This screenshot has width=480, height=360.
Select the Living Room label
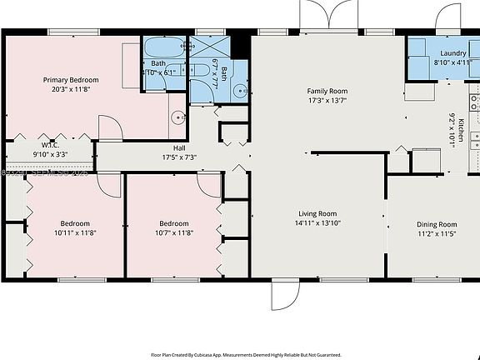coord(317,212)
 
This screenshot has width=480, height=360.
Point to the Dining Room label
coord(437,224)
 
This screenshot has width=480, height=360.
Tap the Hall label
coord(167,147)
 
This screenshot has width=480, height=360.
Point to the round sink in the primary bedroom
coord(177,117)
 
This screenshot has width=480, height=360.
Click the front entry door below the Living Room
coord(284,293)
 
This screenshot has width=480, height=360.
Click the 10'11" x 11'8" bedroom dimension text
coord(74,234)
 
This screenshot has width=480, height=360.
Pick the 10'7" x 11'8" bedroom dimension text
coord(173,234)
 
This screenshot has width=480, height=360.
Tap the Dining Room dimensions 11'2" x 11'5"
coord(437,234)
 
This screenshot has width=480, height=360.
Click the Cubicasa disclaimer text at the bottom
coord(240,353)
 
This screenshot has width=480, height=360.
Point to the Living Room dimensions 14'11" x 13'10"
coord(317,222)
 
